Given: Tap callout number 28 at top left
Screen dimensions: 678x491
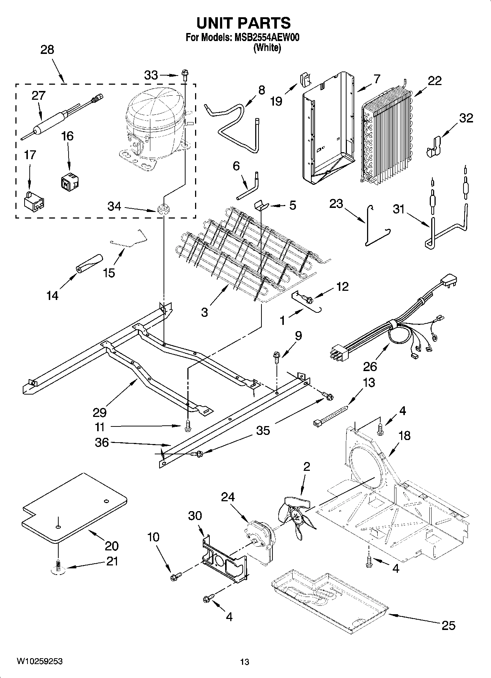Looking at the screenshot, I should (47, 50).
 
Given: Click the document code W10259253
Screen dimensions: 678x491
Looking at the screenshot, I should (39, 661).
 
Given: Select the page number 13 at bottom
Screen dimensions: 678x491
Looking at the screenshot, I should (245, 662).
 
